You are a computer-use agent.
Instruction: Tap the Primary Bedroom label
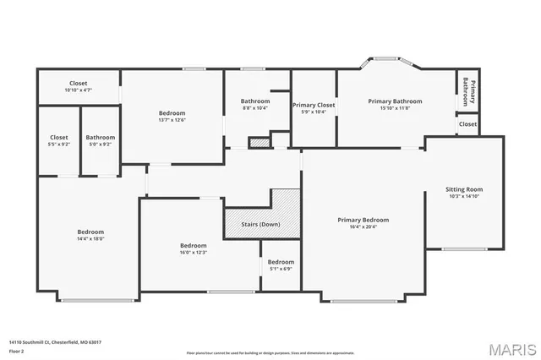[x=363, y=220]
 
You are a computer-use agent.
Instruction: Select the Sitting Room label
[x=464, y=189]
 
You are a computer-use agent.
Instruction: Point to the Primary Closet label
[x=314, y=105]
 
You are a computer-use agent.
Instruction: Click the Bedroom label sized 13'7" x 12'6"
[x=172, y=112]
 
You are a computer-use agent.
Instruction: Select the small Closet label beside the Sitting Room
[x=467, y=124]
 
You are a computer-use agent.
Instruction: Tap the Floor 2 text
[x=16, y=350]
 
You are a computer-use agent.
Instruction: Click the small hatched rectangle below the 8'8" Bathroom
[x=260, y=143]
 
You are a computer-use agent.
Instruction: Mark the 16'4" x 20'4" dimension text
[x=363, y=226]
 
